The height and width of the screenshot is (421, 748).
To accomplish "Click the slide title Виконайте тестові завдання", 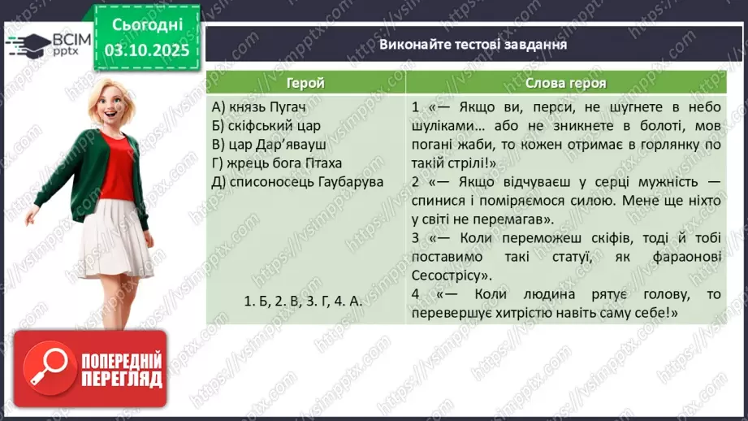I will coord(473,44).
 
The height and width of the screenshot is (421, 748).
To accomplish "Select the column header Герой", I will coord(305,83).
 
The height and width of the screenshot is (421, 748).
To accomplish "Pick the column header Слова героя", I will coord(565,83).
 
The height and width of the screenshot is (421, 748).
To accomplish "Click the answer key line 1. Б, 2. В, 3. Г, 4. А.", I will coord(303,300).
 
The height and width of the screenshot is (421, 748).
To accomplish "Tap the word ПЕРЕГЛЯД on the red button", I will coord(121,378).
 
